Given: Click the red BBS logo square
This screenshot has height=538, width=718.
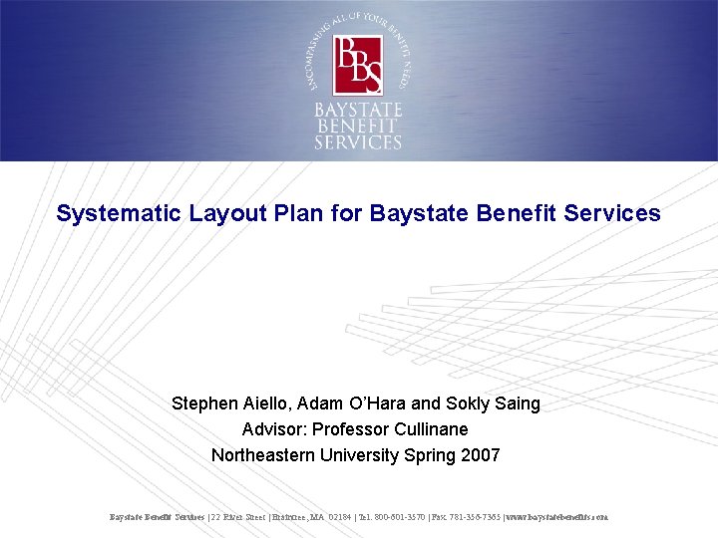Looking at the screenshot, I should tap(358, 65).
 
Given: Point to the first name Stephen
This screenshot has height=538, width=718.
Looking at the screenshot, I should tap(205, 403).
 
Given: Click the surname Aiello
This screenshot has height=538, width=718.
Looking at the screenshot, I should tap(268, 403).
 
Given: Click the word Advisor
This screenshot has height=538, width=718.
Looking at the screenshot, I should tap(272, 429).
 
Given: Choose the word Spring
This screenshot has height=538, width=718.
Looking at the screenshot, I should tap(428, 455).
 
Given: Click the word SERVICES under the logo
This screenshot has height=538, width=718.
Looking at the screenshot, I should tap(358, 142).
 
